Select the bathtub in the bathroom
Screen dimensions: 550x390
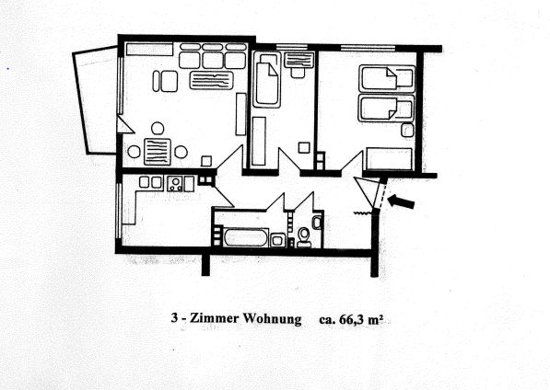click(246, 237)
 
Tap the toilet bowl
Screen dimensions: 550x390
click(303, 236)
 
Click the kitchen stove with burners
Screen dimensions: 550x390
click(175, 184)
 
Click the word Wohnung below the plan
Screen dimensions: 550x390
click(272, 319)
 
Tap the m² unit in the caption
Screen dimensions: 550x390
click(375, 320)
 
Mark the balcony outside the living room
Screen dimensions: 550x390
click(95, 99)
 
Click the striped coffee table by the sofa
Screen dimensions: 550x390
click(212, 80)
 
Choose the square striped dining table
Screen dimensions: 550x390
click(158, 152)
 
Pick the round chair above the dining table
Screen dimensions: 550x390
click(158, 128)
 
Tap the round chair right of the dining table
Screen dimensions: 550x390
click(181, 152)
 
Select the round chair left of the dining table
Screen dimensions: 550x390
click(134, 152)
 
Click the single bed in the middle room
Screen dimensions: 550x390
click(266, 79)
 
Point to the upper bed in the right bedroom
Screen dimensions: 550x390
click(387, 78)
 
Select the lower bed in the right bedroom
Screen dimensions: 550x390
click(386, 108)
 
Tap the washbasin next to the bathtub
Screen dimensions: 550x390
click(278, 240)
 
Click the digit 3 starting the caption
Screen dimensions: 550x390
click(174, 318)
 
